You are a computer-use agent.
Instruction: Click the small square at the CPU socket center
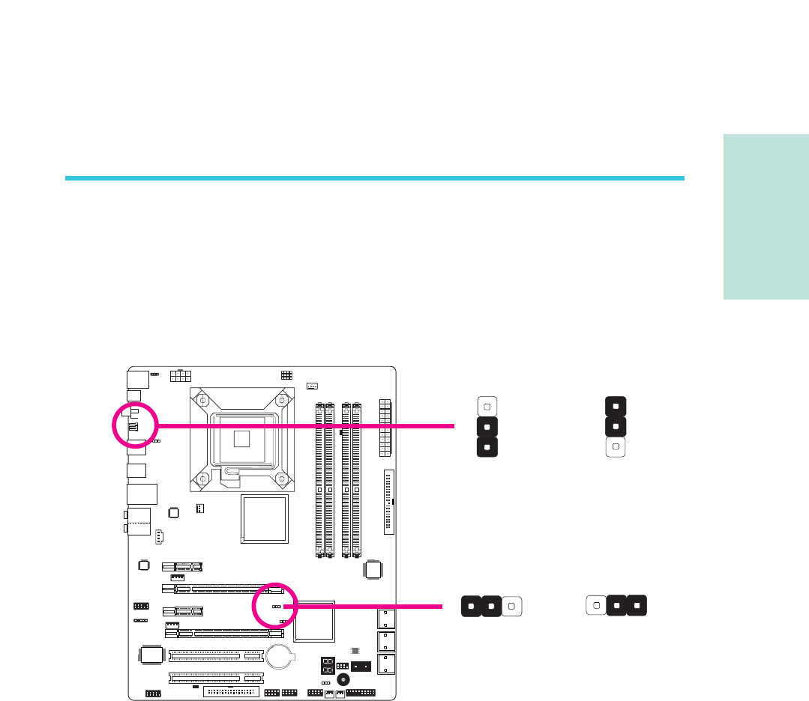(241, 437)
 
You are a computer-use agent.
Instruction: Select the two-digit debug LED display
(328, 665)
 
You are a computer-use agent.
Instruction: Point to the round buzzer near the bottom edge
(343, 680)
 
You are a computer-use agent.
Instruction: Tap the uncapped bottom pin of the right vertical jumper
(615, 447)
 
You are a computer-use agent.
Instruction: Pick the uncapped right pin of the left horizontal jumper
(511, 605)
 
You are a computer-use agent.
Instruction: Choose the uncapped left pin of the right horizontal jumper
(595, 604)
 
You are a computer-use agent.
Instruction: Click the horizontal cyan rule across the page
(375, 178)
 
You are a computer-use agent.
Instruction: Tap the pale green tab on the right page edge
(766, 217)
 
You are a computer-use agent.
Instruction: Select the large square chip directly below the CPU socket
(264, 518)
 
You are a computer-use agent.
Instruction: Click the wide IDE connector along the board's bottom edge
(231, 691)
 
